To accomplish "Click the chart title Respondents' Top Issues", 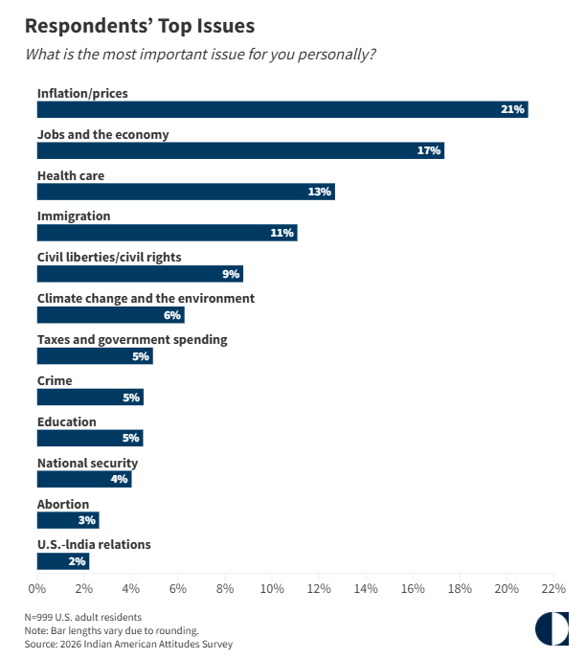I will [140, 23].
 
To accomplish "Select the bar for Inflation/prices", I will [282, 109].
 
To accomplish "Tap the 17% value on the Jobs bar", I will [428, 150].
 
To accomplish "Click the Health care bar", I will [186, 192].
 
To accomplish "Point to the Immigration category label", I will [74, 216].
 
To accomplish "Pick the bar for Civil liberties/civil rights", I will [140, 274].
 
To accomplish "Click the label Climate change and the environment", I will [146, 298].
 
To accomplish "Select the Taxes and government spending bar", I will [95, 356].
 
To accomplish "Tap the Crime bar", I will [90, 398].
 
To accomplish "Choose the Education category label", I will [66, 421].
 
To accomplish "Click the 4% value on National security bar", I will [120, 479].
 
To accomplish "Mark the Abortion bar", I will [68, 520].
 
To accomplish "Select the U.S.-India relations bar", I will [63, 561].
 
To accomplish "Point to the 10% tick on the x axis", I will [272, 587].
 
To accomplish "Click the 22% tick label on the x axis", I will [553, 587].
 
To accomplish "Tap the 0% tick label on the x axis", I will [37, 587].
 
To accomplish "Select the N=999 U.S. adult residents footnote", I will [83, 618].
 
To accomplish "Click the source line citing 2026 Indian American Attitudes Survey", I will [128, 645].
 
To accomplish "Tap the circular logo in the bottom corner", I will [551, 628].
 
